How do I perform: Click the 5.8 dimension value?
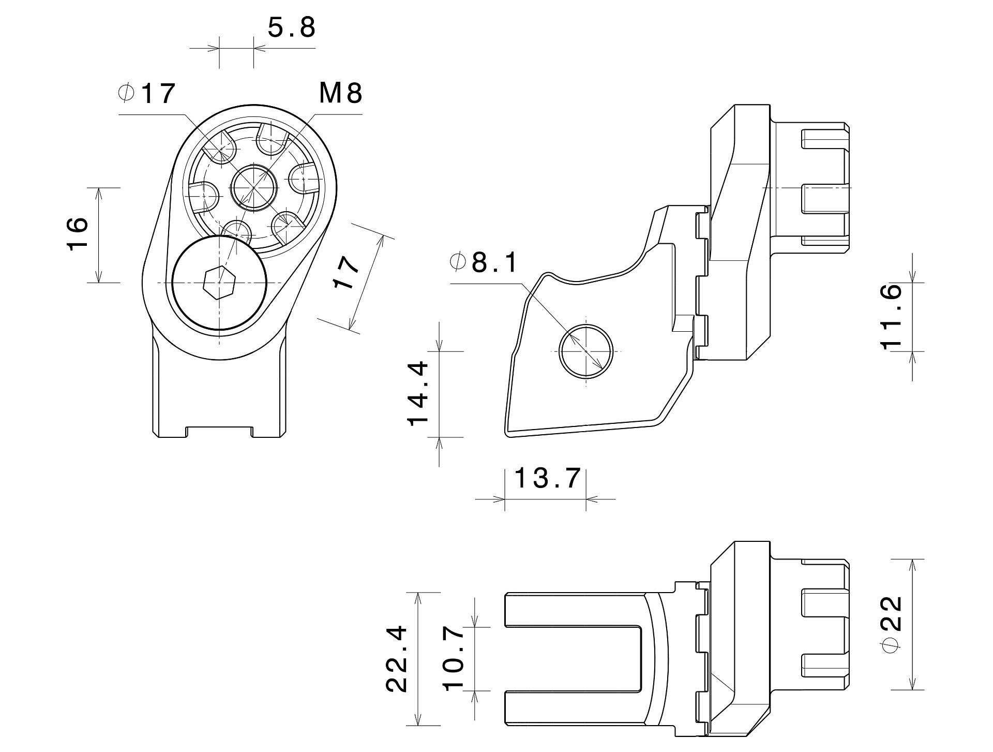click(292, 28)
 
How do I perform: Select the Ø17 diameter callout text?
click(147, 94)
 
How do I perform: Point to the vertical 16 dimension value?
click(78, 234)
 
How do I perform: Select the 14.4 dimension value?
click(418, 393)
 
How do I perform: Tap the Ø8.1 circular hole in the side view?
click(586, 351)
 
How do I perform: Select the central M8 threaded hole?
click(253, 188)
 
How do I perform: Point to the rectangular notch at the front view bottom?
click(219, 432)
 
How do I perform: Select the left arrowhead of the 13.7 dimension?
click(499, 499)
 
